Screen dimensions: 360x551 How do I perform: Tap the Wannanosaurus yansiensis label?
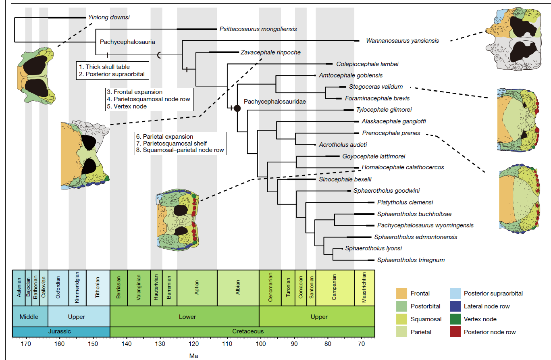(x=402, y=40)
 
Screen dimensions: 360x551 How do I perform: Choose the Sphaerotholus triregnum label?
(x=411, y=260)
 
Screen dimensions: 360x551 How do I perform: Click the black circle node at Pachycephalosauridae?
(x=237, y=108)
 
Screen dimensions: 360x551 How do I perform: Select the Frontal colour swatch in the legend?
(x=402, y=293)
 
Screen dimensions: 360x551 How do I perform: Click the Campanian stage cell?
(x=335, y=288)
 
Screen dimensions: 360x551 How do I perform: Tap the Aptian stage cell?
(x=197, y=288)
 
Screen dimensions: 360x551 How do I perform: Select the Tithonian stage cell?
(x=98, y=288)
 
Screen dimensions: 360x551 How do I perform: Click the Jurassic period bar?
(x=61, y=331)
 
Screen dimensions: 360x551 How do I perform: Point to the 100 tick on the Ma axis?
(x=260, y=343)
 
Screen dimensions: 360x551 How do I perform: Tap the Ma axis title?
(x=193, y=356)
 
